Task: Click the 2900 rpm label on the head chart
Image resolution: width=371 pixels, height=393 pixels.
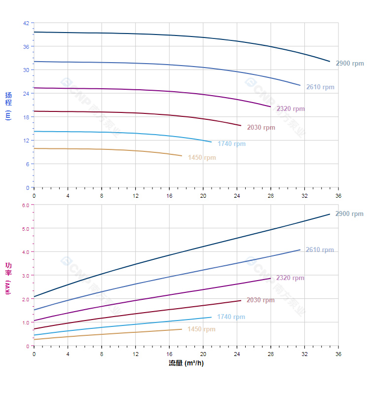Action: click(350, 64)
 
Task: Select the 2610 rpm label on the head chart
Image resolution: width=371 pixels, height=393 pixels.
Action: click(320, 87)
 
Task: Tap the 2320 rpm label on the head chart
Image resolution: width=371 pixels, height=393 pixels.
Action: click(291, 109)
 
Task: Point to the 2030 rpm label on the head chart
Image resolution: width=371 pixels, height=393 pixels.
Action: click(261, 128)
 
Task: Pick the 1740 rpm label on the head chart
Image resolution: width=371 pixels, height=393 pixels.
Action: click(231, 144)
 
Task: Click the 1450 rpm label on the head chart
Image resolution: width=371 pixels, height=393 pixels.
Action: click(202, 158)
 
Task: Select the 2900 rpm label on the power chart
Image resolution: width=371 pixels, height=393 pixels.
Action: click(349, 214)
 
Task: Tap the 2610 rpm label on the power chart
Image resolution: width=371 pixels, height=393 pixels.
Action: click(320, 250)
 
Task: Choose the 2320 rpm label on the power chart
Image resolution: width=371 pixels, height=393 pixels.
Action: click(290, 278)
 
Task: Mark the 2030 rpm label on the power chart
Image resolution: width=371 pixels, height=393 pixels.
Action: click(260, 300)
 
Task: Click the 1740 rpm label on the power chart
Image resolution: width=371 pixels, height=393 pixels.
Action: click(231, 317)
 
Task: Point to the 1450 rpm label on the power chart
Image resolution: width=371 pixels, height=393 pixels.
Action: click(201, 329)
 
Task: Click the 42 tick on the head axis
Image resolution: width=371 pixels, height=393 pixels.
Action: click(26, 23)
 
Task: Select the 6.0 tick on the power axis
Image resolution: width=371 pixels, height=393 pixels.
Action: click(26, 205)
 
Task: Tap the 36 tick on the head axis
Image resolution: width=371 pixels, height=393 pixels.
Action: click(26, 46)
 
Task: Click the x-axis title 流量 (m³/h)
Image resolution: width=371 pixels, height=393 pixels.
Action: click(186, 363)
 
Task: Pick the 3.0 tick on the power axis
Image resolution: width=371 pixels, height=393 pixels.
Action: click(26, 275)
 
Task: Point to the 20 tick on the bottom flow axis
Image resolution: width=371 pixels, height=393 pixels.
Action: click(203, 354)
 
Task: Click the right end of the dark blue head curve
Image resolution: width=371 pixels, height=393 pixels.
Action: click(330, 62)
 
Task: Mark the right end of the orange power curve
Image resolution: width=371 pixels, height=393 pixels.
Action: click(182, 329)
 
